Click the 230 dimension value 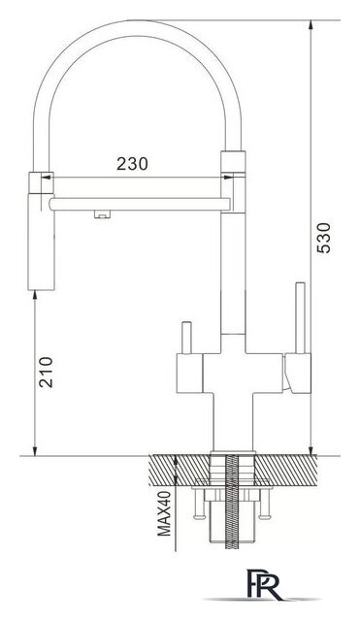pyautogui.click(x=132, y=164)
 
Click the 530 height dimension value pyautogui.click(x=323, y=238)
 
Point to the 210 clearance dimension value pyautogui.click(x=46, y=372)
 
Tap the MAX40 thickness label pyautogui.click(x=164, y=513)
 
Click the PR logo pyautogui.click(x=264, y=584)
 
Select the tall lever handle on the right pyautogui.click(x=301, y=317)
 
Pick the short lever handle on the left pyautogui.click(x=186, y=338)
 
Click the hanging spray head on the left pyautogui.click(x=41, y=231)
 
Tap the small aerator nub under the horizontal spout pyautogui.click(x=103, y=214)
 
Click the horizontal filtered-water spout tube pyautogui.click(x=140, y=204)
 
